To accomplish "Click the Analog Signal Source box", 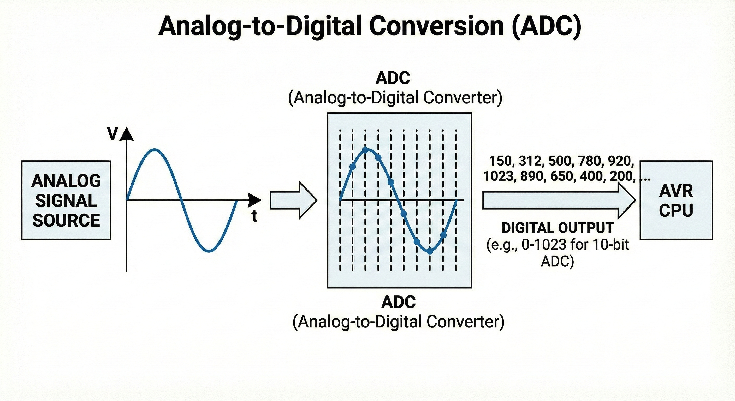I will pos(66,200).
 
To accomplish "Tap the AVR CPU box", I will pos(676,200).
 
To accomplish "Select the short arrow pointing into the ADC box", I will pos(293,200).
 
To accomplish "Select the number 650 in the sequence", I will pos(561,176).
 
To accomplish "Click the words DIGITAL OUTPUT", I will pos(558,228).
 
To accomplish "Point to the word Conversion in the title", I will pos(437,26).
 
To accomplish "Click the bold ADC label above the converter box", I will pos(393,78).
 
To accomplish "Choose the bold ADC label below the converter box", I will pos(398,302).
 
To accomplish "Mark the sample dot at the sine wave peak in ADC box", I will pos(365,150).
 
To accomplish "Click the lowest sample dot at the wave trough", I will pos(430,251).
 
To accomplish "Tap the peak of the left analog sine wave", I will pos(154,149).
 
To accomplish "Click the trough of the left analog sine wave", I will pos(209,251).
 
